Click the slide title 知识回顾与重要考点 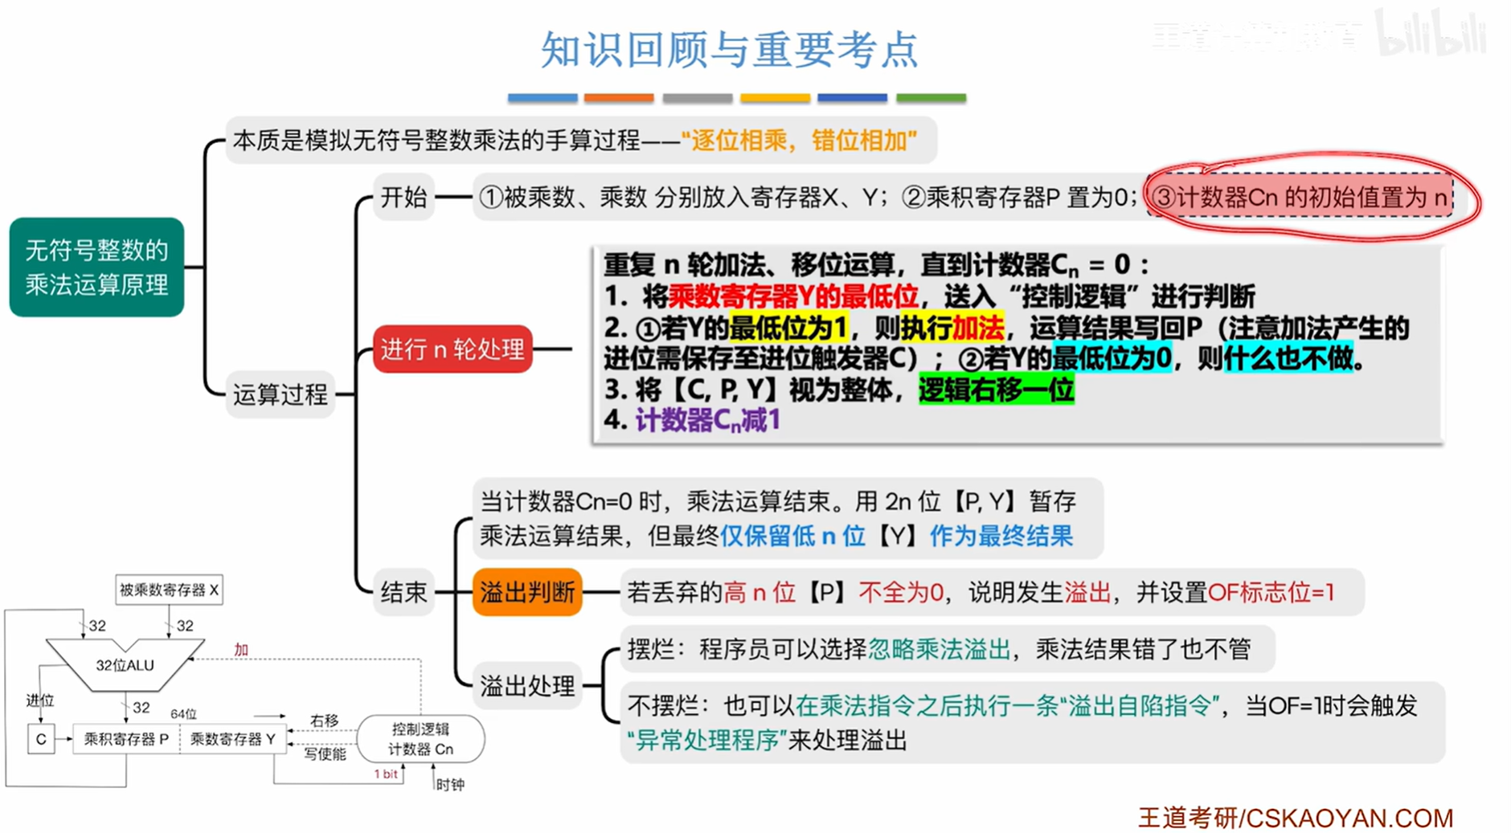click(729, 50)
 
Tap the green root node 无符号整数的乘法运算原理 click(96, 267)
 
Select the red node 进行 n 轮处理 click(452, 349)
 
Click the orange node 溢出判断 click(527, 592)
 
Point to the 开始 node click(403, 197)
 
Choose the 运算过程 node click(280, 394)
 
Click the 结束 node click(403, 592)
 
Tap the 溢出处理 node click(527, 685)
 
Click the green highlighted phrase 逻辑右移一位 click(996, 390)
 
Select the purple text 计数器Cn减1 click(707, 420)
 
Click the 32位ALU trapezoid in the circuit click(125, 665)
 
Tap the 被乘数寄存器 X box click(169, 590)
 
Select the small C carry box click(41, 739)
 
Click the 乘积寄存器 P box click(126, 739)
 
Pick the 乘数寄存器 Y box click(233, 739)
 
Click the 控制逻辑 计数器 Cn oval click(420, 739)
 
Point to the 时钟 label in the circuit click(450, 785)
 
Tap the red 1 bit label click(386, 774)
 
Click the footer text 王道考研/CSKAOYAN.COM click(1296, 818)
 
